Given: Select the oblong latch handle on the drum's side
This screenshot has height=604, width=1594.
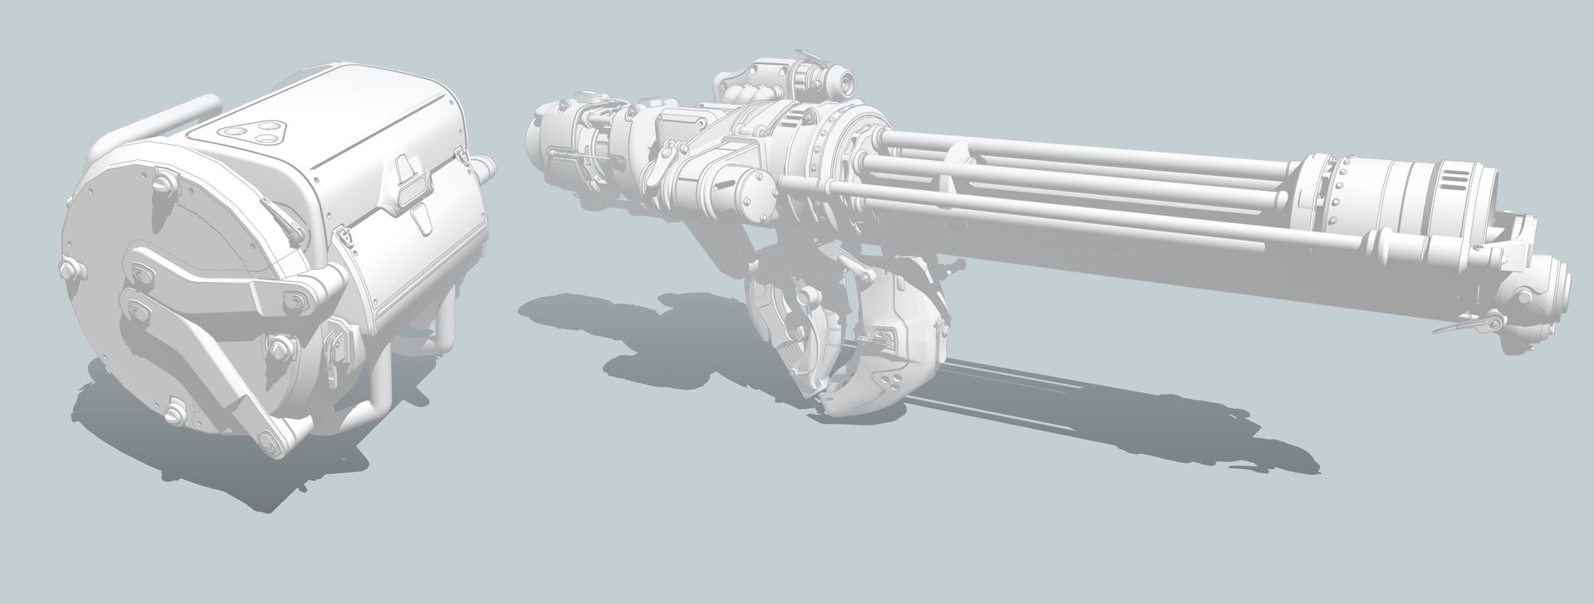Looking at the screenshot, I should pyautogui.click(x=408, y=178).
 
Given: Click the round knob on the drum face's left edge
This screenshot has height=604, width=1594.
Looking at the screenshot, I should pyautogui.click(x=67, y=268).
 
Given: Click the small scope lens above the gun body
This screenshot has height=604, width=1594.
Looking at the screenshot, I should pyautogui.click(x=844, y=82).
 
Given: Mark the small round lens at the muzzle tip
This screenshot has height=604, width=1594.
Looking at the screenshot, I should pyautogui.click(x=1525, y=298).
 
